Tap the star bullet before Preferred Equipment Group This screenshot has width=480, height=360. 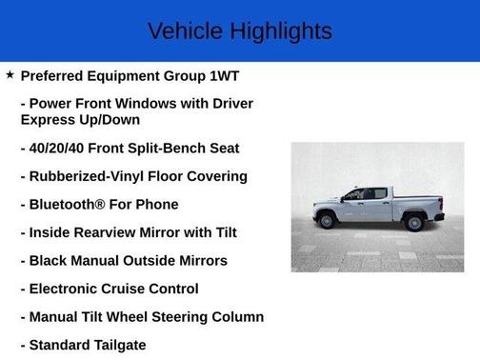[x=10, y=74]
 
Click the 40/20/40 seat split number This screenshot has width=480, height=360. [x=58, y=148]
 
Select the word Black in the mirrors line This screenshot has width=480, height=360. [x=50, y=260]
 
